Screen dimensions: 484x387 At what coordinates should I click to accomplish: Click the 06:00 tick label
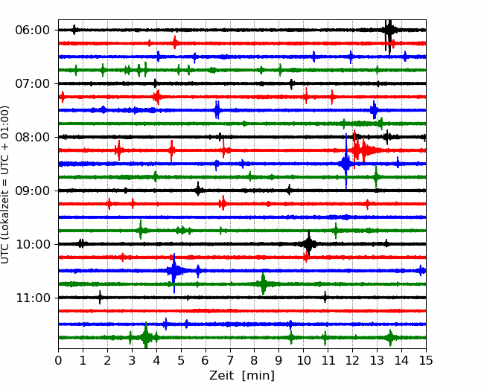click(x=32, y=31)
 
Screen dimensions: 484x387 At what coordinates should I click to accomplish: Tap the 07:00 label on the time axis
click(x=32, y=83)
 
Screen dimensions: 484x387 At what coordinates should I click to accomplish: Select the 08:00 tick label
click(x=32, y=137)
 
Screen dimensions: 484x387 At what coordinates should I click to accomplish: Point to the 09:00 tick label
click(x=32, y=191)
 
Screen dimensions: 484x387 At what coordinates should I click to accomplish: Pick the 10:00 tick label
click(x=32, y=244)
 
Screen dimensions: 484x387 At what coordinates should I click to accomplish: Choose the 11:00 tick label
click(x=32, y=298)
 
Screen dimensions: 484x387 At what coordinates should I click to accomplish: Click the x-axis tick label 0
click(x=58, y=360)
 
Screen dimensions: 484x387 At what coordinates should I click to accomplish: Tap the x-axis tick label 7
click(x=230, y=360)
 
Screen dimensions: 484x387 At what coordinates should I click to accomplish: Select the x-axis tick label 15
click(x=426, y=360)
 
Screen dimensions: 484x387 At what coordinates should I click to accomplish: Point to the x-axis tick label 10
click(x=303, y=360)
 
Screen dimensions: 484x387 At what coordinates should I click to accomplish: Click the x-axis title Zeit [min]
click(x=242, y=376)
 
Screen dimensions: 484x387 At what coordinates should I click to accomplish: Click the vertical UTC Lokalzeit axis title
click(x=5, y=185)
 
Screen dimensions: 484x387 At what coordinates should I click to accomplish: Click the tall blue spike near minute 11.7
click(x=346, y=161)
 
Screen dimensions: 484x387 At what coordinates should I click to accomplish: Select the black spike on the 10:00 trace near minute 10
click(x=309, y=244)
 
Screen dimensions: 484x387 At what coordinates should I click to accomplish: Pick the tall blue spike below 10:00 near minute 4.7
click(x=174, y=272)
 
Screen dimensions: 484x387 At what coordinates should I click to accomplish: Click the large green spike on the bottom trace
click(x=146, y=336)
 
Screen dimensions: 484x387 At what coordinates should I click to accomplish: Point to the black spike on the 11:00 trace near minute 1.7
click(x=100, y=298)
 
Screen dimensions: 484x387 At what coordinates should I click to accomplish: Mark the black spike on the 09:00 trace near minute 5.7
click(x=198, y=189)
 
